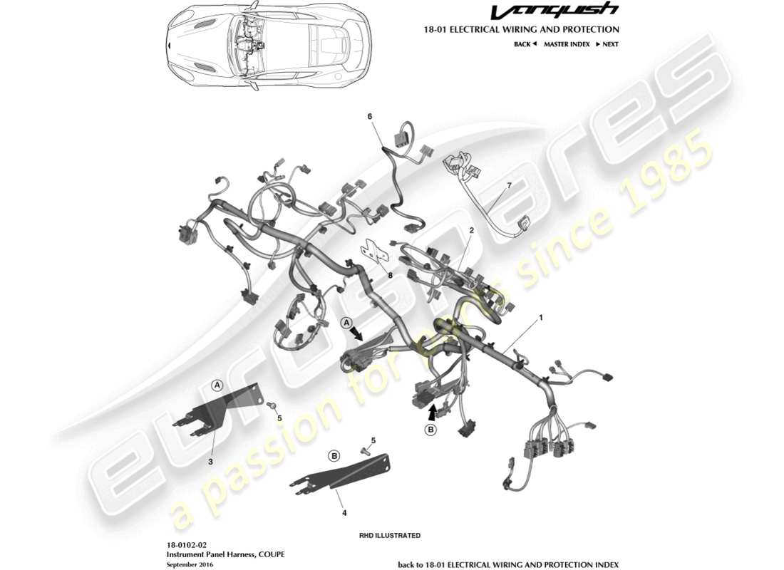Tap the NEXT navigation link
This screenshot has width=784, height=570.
[607, 44]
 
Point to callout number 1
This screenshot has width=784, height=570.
[540, 317]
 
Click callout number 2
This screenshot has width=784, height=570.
[471, 230]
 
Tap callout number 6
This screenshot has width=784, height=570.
[370, 116]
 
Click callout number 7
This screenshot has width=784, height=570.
[508, 186]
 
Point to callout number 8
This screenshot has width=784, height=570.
[390, 274]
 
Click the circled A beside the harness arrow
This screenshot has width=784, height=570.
[347, 323]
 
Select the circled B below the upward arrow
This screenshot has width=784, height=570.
[430, 430]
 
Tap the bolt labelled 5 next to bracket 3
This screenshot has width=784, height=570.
[272, 405]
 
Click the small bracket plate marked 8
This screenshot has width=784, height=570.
[373, 250]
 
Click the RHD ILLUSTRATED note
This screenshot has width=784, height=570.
[391, 535]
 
